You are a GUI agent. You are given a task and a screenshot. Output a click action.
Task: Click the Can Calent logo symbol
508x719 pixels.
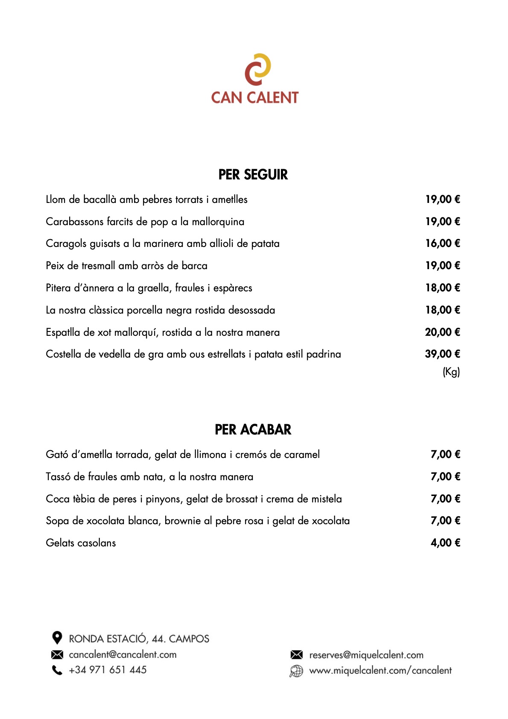(257, 69)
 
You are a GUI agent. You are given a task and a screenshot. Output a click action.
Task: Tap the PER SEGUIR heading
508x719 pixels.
(253, 175)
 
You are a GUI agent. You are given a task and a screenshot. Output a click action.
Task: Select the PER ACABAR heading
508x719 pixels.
(253, 430)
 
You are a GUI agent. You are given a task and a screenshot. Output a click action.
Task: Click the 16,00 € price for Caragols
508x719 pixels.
(443, 244)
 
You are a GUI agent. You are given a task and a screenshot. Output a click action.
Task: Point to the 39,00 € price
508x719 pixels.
(443, 354)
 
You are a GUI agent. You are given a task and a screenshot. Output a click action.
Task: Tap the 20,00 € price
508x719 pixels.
(443, 332)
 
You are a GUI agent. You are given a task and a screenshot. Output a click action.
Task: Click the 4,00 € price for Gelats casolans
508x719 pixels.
(445, 543)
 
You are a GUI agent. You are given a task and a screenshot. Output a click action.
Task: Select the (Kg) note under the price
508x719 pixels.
(451, 372)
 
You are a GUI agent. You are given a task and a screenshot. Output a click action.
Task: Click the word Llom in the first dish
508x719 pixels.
(55, 200)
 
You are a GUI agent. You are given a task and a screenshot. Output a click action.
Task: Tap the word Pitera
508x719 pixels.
(58, 288)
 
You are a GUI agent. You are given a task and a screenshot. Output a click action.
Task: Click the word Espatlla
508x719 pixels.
(64, 332)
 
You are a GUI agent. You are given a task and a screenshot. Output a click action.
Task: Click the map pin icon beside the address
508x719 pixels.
(57, 638)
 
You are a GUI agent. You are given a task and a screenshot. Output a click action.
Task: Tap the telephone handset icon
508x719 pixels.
(57, 670)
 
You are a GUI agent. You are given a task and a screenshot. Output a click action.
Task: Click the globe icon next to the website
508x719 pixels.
(296, 671)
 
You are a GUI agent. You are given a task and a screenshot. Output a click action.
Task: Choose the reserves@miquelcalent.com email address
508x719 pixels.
(366, 655)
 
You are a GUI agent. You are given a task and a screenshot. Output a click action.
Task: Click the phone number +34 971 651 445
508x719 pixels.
(108, 670)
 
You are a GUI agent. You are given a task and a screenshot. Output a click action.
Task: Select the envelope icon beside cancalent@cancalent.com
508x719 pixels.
(57, 654)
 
